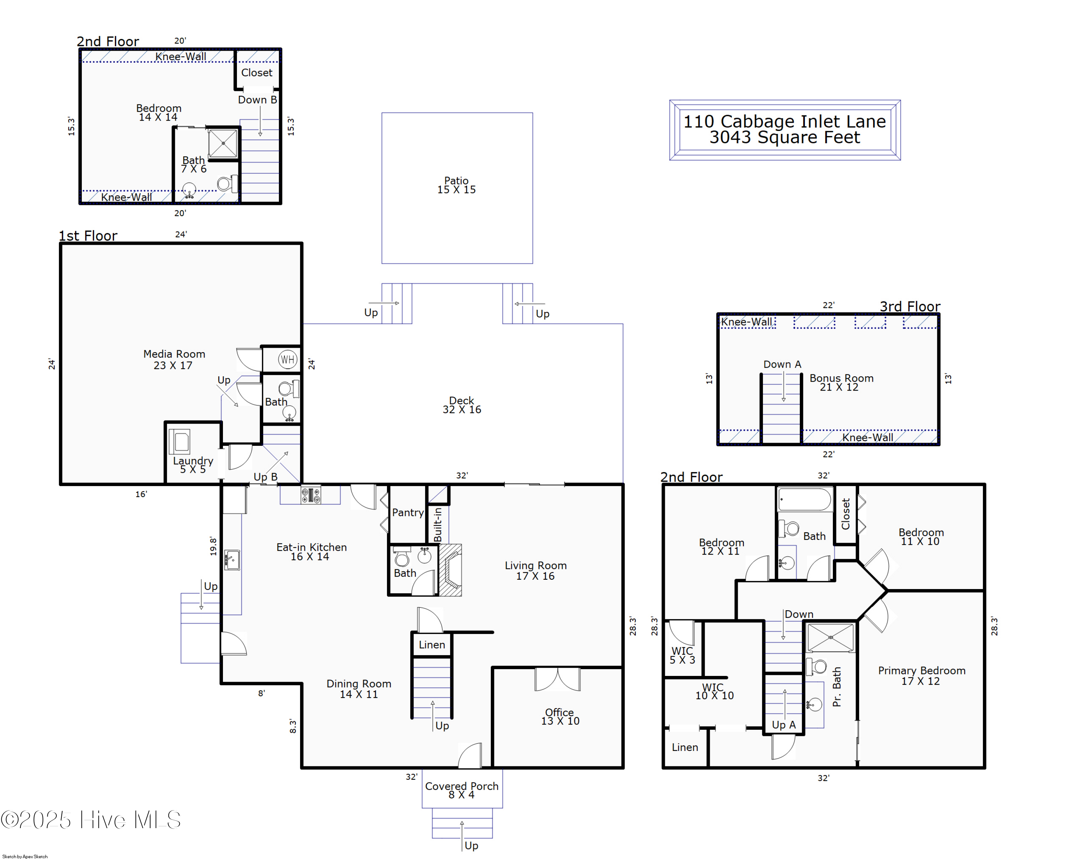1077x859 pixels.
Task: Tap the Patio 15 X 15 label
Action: (457, 185)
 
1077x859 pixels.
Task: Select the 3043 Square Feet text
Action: (785, 137)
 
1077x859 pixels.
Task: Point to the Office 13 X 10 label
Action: (560, 716)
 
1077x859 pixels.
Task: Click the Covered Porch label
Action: (462, 786)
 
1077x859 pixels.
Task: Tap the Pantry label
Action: (407, 512)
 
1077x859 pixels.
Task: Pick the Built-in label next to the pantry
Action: (438, 525)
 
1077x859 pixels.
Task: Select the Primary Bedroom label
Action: (922, 670)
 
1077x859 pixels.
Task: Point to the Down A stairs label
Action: (782, 364)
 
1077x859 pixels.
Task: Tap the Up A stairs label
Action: (783, 725)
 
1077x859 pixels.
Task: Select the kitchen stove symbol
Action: (310, 495)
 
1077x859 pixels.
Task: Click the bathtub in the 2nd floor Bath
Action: (804, 499)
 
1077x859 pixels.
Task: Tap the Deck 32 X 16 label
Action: (462, 405)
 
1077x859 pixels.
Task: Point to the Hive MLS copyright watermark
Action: (90, 820)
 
